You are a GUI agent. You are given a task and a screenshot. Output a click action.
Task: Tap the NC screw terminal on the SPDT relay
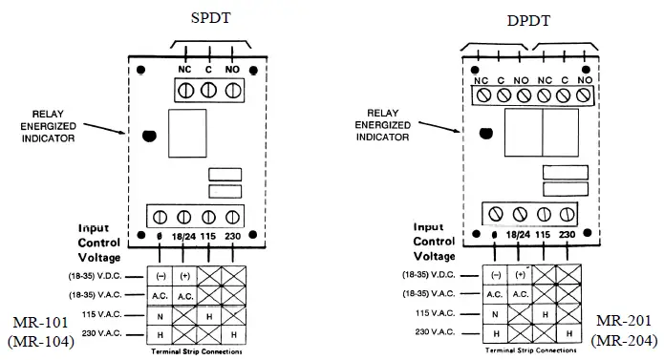[182, 90]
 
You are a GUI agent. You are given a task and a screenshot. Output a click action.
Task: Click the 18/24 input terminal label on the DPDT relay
[519, 234]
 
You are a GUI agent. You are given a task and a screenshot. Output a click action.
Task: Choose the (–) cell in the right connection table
[495, 274]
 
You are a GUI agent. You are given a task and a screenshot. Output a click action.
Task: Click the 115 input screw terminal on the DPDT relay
[544, 213]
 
